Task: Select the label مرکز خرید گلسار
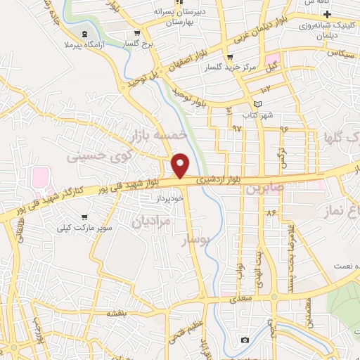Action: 241,67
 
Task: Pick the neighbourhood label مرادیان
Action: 152,221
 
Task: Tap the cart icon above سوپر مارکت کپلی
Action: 84,217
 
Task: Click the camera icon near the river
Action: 244,340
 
